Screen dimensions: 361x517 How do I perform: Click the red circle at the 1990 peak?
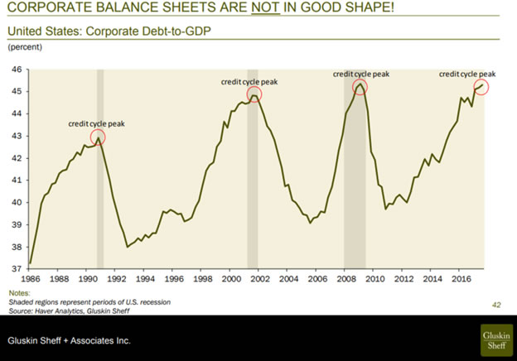click(98, 137)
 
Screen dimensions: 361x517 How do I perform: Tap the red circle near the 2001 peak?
click(254, 94)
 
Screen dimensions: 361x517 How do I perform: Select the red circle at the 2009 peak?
click(360, 86)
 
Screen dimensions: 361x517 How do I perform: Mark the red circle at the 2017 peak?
click(481, 86)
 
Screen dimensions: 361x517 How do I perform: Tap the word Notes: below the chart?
click(19, 294)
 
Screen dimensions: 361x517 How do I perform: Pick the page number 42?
click(496, 306)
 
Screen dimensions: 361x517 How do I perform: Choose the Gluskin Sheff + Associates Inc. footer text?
click(70, 340)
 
